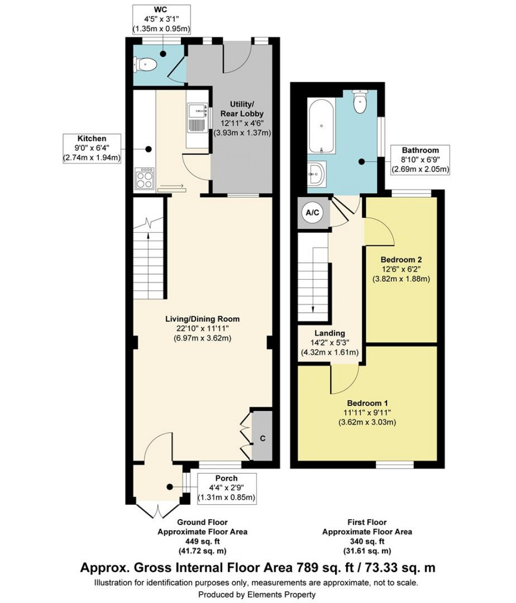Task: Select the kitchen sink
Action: [198, 117]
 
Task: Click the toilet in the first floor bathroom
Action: [360, 102]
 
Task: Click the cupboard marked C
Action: [262, 438]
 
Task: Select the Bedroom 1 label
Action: [367, 403]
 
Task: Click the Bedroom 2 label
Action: [401, 260]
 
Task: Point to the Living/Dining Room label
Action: [203, 319]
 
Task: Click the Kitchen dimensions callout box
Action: [92, 148]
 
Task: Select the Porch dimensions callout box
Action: [226, 488]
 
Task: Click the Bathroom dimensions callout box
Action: [420, 159]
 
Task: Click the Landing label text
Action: [330, 333]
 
